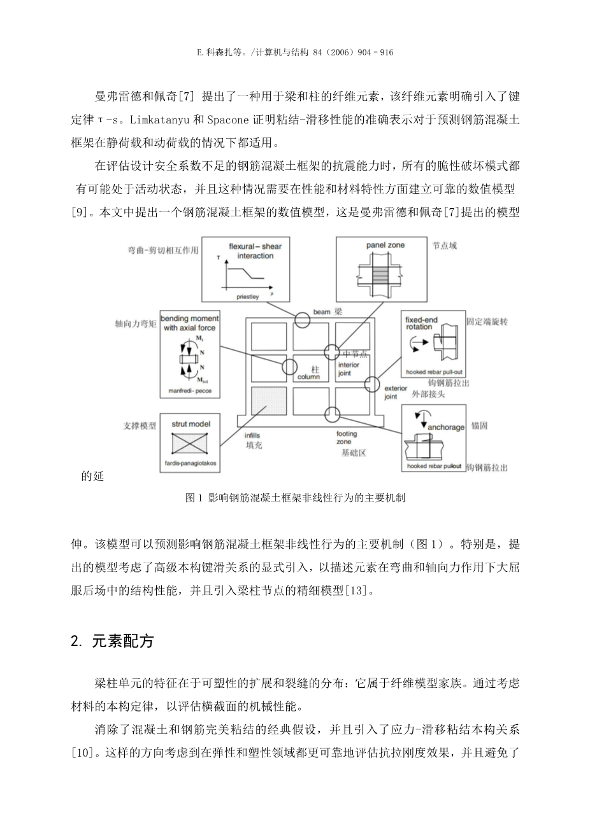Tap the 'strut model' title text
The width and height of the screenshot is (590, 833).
191,424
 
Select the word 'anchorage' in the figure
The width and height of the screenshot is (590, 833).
445,427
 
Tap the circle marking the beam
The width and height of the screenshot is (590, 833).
303,320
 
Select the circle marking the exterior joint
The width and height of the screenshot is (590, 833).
371,384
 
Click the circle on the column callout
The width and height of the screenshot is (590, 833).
289,367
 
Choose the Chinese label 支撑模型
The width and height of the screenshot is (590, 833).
140,426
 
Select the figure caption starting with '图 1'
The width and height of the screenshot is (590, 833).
295,499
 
